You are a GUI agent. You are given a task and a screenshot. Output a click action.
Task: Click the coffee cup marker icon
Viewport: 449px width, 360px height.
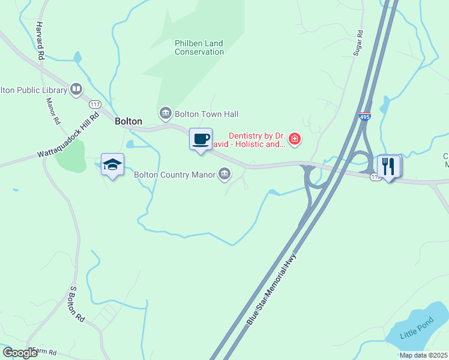tap(201, 139)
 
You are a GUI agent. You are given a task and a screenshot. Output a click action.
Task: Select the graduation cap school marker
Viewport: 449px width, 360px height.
tap(112, 164)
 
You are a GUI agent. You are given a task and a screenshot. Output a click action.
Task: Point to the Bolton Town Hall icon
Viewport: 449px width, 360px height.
tap(165, 113)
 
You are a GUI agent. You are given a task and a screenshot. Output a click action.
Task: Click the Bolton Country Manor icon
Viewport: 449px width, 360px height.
tap(224, 175)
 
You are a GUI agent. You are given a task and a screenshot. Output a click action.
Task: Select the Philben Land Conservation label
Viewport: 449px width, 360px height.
tap(199, 47)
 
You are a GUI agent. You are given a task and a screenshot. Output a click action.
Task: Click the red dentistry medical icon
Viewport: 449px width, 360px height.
tap(294, 140)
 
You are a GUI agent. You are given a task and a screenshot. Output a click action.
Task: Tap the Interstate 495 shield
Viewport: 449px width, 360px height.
tap(366, 117)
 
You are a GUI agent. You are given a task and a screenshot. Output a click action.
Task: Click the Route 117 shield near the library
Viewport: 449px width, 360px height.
tap(95, 103)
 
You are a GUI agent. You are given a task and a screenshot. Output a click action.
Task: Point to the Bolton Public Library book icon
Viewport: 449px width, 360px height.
tap(76, 90)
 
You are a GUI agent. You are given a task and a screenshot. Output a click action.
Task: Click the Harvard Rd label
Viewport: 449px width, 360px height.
tap(41, 41)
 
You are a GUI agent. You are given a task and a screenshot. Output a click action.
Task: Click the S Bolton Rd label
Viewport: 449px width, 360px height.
tap(77, 305)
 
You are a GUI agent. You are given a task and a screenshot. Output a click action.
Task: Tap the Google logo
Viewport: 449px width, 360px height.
tap(20, 353)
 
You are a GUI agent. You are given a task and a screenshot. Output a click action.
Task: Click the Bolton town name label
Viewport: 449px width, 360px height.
tap(128, 121)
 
